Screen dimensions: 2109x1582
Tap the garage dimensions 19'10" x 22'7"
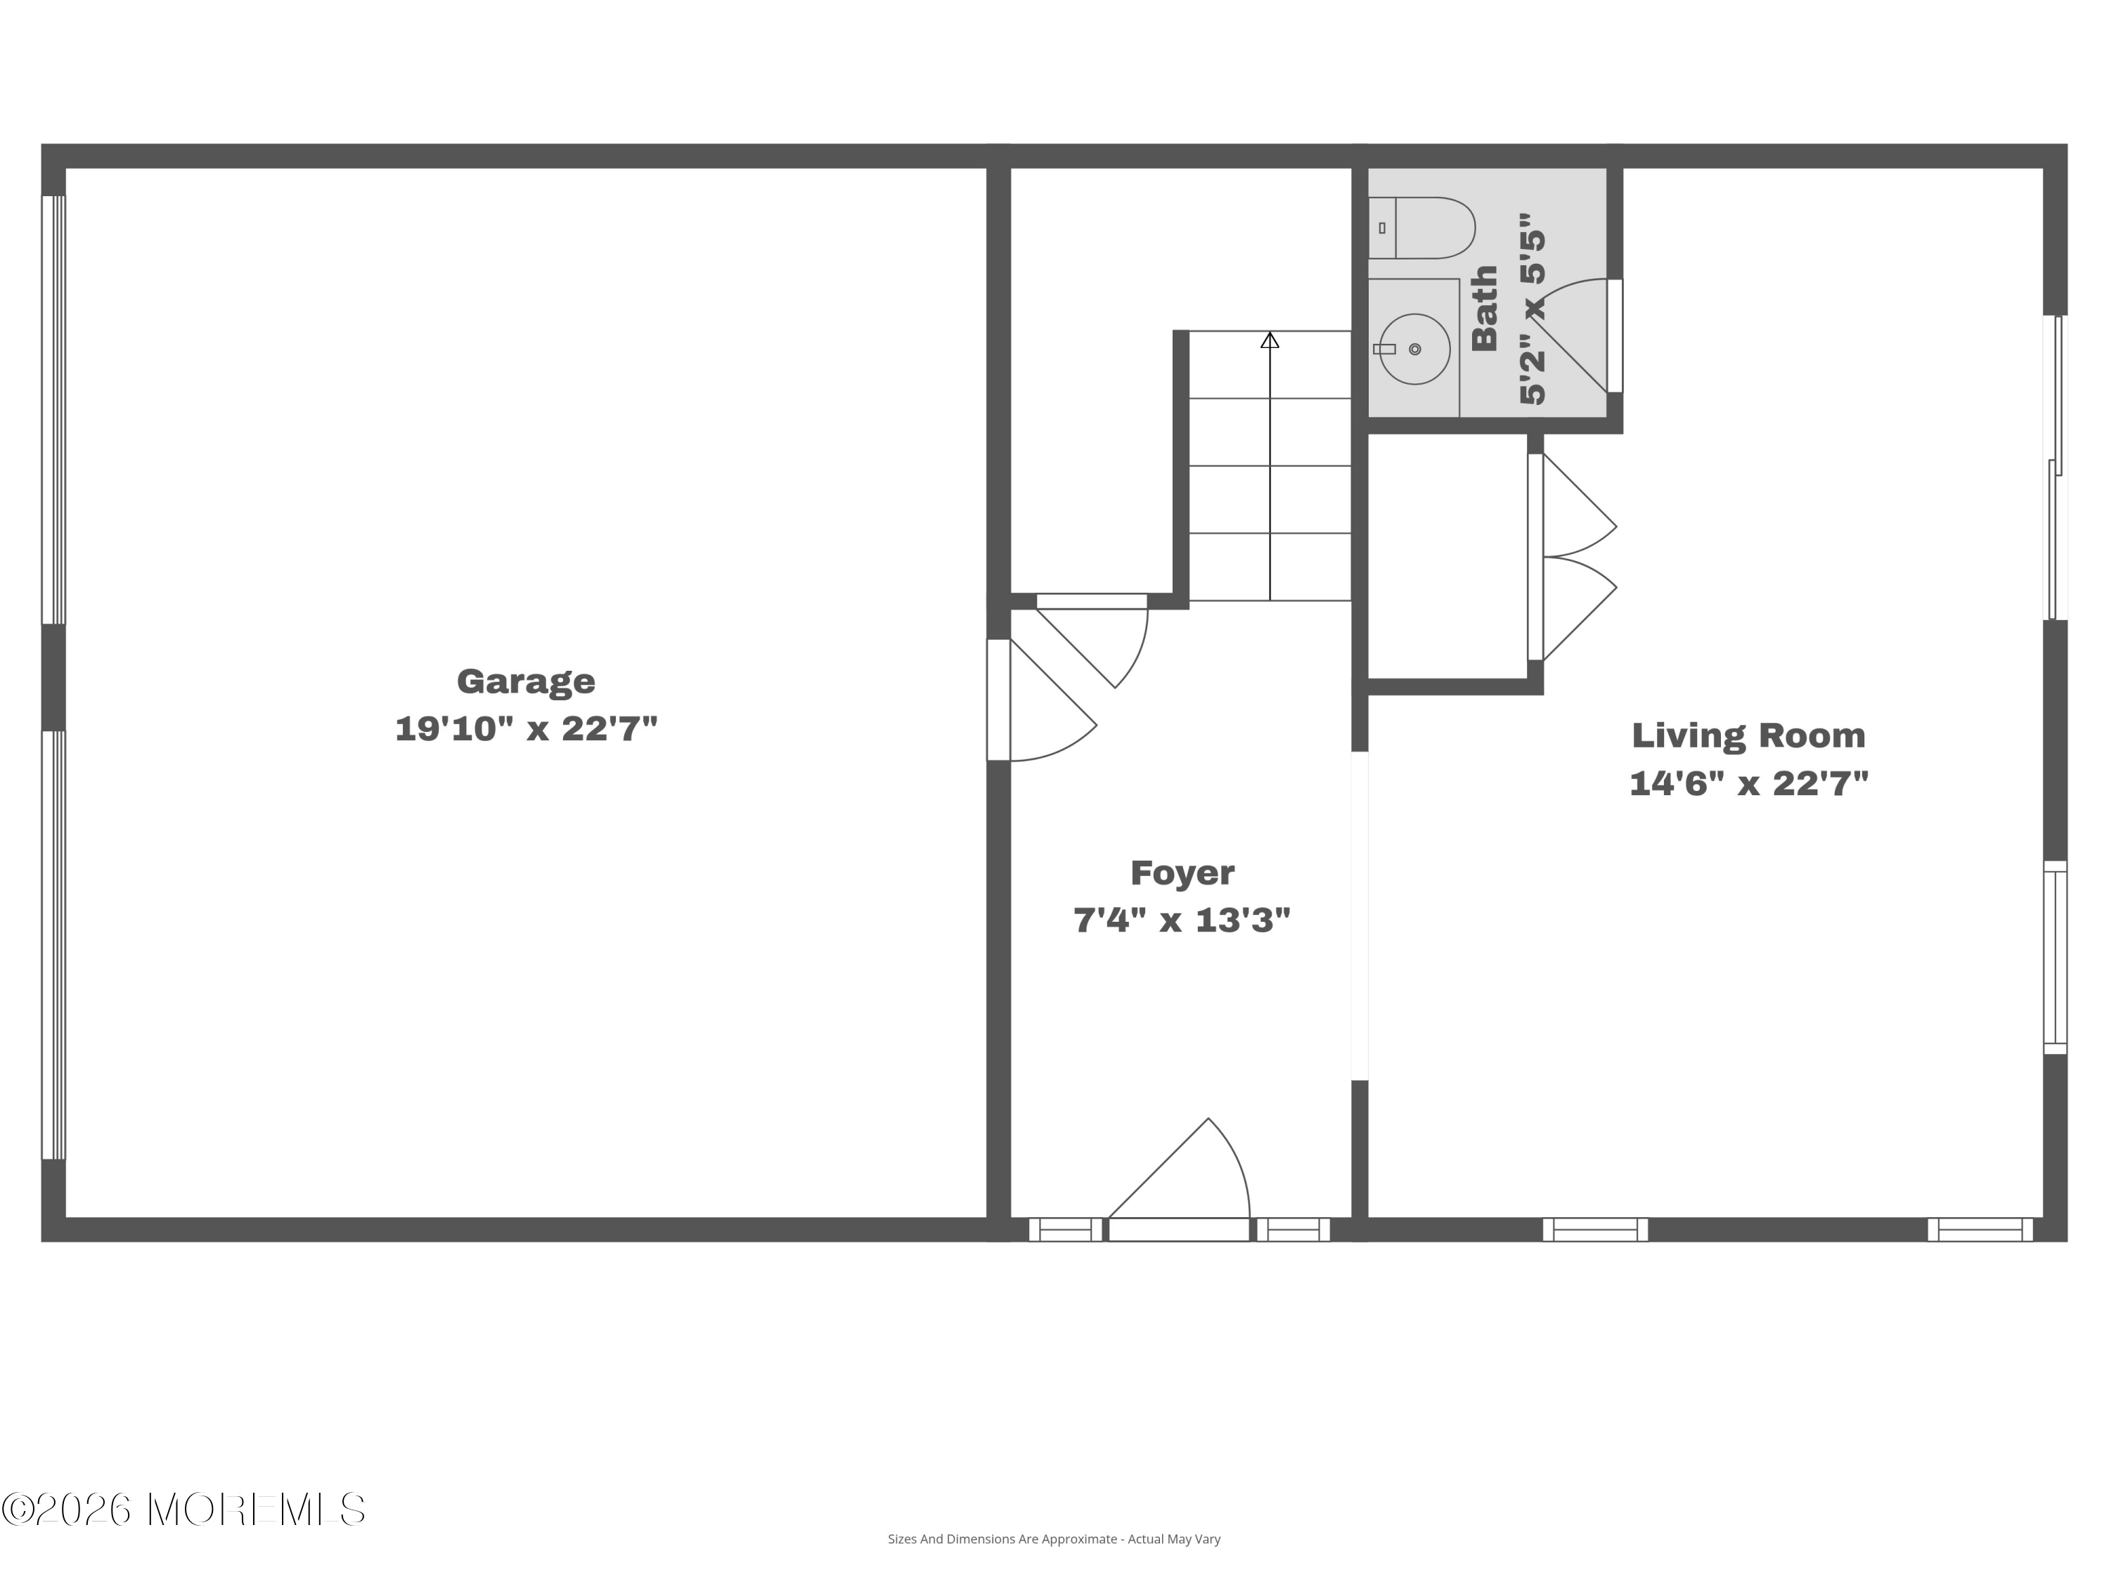(527, 730)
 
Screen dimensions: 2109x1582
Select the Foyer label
(1182, 873)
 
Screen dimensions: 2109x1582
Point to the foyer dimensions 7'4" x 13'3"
(1182, 920)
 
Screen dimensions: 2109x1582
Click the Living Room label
(1748, 735)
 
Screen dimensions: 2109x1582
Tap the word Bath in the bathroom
(1485, 308)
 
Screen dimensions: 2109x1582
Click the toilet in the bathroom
(1421, 228)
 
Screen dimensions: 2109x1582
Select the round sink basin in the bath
(1415, 349)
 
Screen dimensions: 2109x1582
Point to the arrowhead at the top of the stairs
(1270, 340)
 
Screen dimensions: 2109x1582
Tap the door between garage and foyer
(1041, 700)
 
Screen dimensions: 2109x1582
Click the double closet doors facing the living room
(1572, 557)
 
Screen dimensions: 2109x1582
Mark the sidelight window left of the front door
(1065, 1230)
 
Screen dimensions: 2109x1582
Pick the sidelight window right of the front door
(1293, 1230)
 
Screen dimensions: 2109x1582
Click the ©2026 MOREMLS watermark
(183, 1510)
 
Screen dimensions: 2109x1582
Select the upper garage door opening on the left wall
(53, 410)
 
